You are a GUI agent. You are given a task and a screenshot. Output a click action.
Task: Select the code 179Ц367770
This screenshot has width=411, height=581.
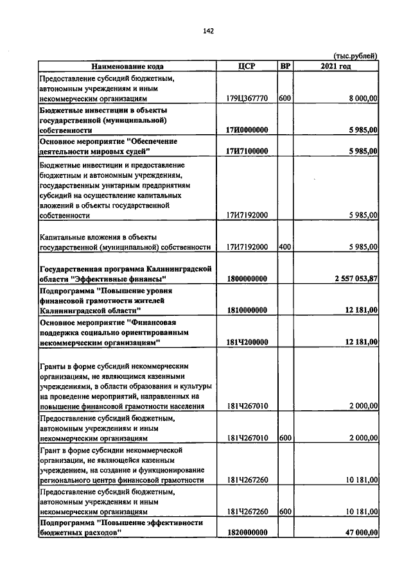click(x=247, y=99)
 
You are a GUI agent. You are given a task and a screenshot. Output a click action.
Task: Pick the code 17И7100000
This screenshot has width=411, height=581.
click(x=247, y=151)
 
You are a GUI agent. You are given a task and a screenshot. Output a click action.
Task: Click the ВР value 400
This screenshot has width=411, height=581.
click(x=286, y=247)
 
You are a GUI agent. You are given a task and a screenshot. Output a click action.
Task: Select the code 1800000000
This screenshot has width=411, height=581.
click(x=247, y=279)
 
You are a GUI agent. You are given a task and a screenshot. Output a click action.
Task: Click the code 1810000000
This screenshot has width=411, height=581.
click(x=247, y=310)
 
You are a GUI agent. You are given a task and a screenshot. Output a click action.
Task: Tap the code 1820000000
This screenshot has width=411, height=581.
click(x=247, y=533)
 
